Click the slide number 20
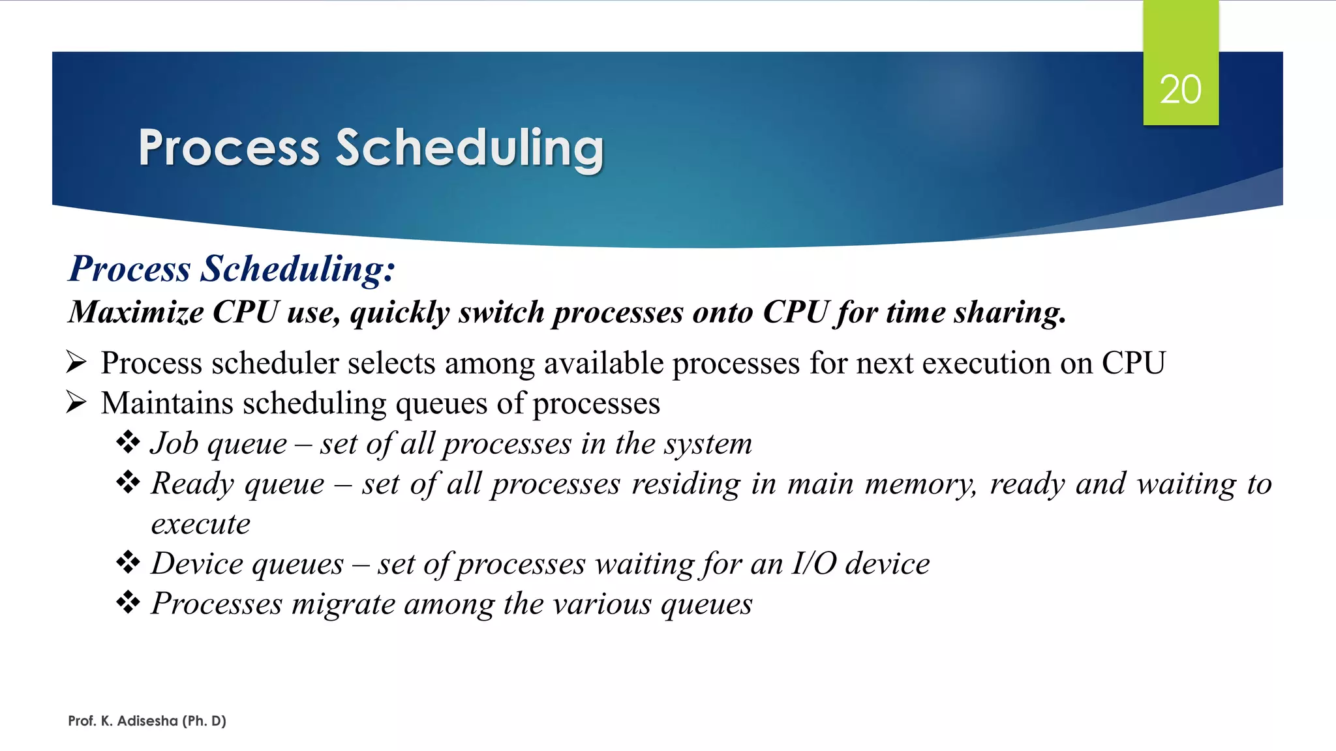1180,89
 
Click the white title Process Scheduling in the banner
371,148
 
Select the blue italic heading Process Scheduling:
232,269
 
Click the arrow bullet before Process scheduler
76,362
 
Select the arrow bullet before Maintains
76,402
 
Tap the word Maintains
167,403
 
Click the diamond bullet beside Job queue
128,443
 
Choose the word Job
174,444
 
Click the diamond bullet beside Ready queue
128,482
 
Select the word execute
200,524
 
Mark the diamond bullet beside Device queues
128,562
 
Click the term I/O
813,563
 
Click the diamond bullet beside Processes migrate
128,602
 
